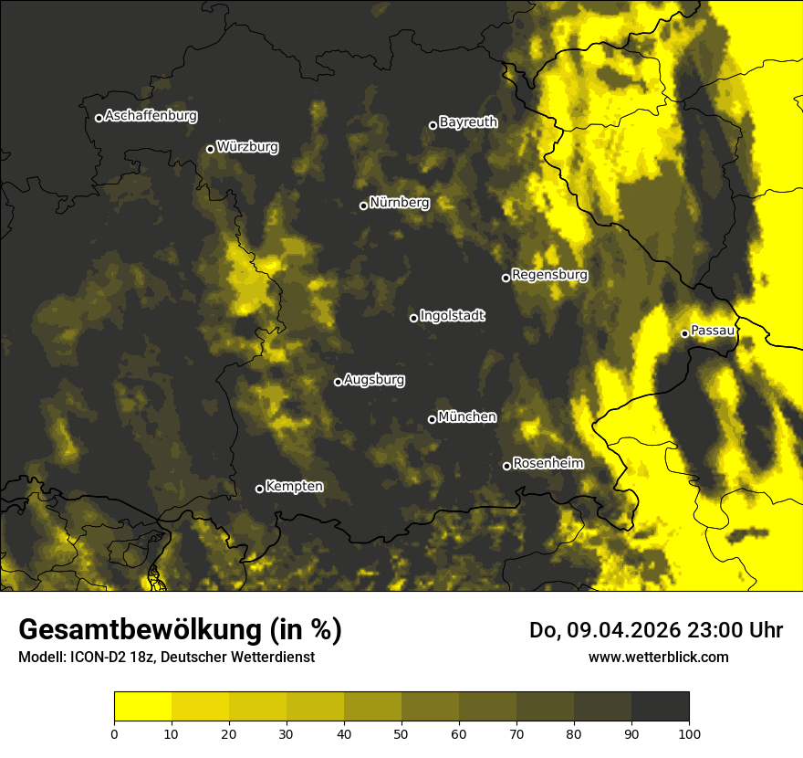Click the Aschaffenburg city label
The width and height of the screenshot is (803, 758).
click(151, 116)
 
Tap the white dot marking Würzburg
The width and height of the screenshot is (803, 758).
click(210, 149)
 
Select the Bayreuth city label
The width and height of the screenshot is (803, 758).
click(468, 121)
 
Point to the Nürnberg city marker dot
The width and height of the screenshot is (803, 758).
click(363, 205)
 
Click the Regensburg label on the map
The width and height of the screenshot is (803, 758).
click(549, 274)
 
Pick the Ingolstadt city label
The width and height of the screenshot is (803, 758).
click(453, 315)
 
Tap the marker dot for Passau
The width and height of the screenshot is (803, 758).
click(684, 333)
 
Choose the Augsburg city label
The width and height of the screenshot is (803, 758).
click(374, 379)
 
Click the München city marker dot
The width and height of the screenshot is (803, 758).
click(432, 420)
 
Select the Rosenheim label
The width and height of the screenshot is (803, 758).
click(547, 463)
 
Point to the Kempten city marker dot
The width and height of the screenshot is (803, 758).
click(259, 489)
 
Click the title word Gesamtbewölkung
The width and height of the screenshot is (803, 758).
click(141, 630)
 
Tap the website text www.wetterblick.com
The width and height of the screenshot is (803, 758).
click(659, 657)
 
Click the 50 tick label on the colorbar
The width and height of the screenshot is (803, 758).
click(401, 733)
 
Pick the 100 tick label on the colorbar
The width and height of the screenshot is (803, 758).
click(689, 733)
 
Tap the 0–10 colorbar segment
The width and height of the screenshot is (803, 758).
click(143, 707)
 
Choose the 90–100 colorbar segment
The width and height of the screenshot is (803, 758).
click(660, 707)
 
